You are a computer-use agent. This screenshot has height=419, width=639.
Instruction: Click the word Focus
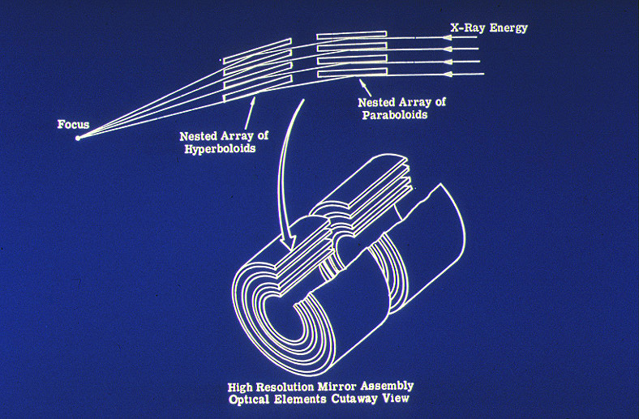pos(73,125)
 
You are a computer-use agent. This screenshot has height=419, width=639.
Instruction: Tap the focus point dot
pos(78,139)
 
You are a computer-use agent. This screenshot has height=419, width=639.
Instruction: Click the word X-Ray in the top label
pos(468,28)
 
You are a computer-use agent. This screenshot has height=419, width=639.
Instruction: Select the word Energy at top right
pos(508,28)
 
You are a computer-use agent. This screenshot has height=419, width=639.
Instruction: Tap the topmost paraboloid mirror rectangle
pos(351,36)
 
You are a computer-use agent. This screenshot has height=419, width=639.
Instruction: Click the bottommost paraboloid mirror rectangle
pos(351,74)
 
